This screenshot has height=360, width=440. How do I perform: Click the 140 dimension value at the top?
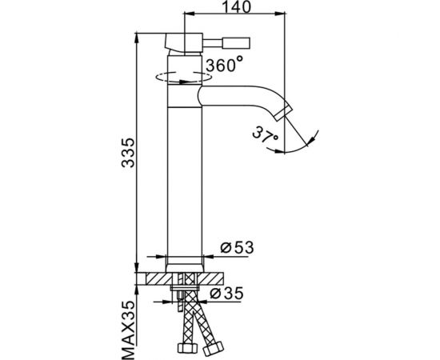(234, 8)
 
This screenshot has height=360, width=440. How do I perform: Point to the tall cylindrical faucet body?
(182, 176)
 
